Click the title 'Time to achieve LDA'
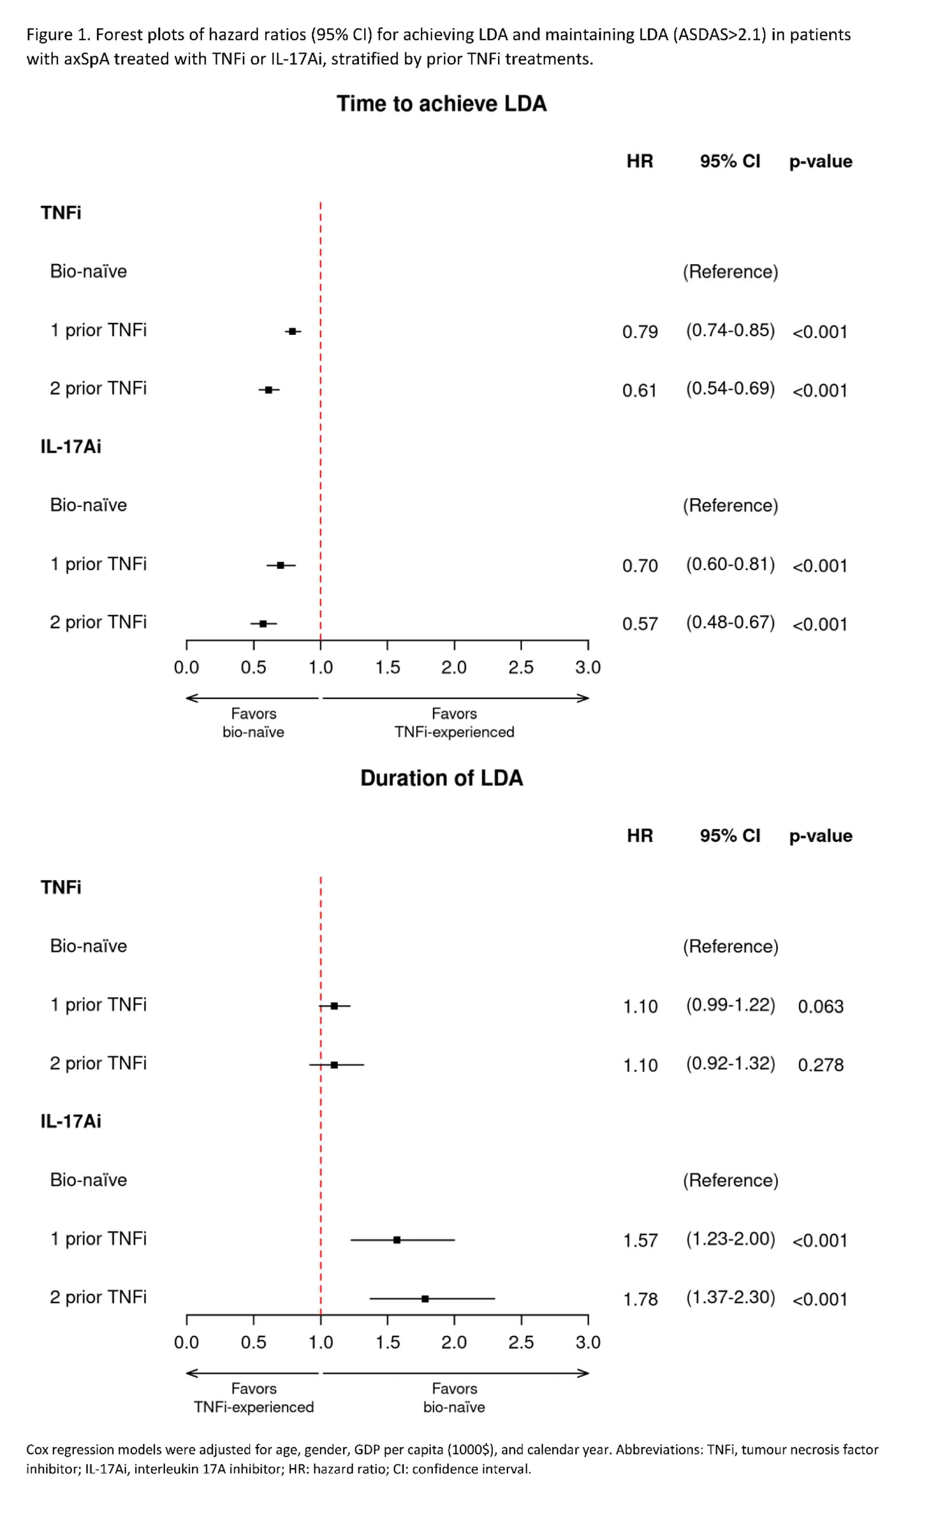click(441, 104)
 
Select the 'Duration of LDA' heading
click(441, 778)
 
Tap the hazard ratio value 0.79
click(640, 331)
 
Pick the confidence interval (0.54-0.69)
click(730, 389)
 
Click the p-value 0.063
click(820, 1007)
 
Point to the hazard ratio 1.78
click(640, 1299)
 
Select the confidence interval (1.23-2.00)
click(730, 1239)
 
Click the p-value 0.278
click(820, 1065)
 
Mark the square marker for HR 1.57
click(397, 1240)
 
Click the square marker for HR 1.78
click(425, 1299)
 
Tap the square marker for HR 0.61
click(268, 390)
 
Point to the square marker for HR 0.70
click(281, 565)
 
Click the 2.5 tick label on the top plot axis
click(521, 668)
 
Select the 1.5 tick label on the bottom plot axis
click(387, 1342)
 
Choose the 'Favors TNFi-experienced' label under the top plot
click(454, 723)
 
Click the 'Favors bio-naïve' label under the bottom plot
click(454, 1398)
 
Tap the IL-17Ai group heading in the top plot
click(71, 447)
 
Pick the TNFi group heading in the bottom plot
click(61, 887)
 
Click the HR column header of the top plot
click(640, 162)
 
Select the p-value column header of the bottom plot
click(820, 836)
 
